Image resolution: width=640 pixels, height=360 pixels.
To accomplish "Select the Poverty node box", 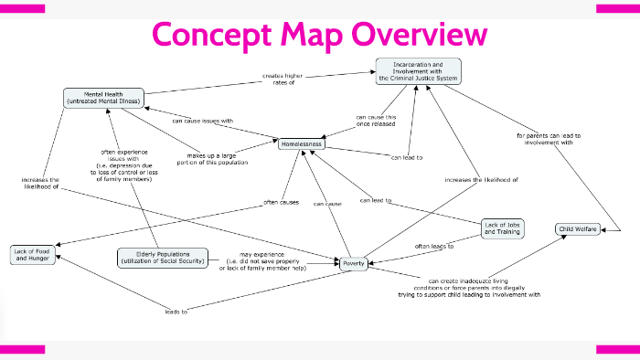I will [x=354, y=263].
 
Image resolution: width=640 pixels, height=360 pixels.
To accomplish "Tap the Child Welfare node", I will [x=579, y=228].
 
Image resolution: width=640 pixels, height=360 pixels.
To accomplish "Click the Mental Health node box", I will [x=104, y=97].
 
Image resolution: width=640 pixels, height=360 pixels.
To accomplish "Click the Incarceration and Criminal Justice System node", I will [x=418, y=70].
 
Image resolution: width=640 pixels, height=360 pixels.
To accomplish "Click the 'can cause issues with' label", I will [x=202, y=121].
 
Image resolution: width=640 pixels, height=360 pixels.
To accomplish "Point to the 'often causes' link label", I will [x=281, y=201].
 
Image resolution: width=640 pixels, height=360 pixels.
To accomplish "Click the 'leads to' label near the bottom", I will [x=177, y=312].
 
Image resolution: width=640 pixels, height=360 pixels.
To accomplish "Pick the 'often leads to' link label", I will [x=435, y=247].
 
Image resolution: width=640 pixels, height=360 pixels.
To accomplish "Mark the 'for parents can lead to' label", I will [x=549, y=139].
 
